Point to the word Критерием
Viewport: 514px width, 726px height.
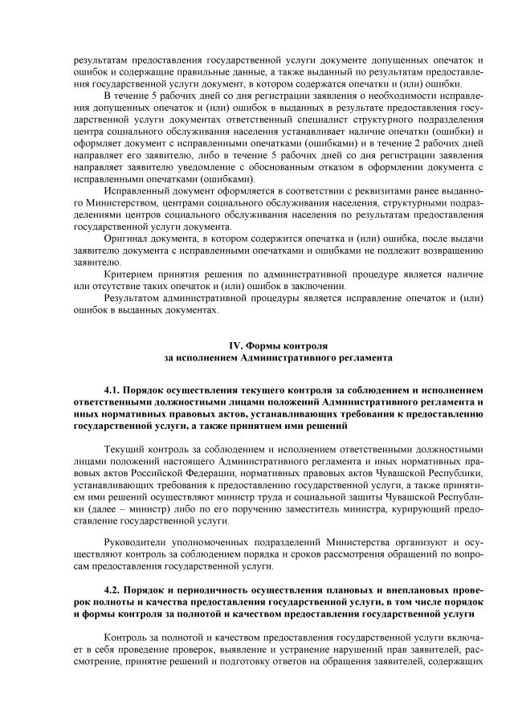tap(130, 274)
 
